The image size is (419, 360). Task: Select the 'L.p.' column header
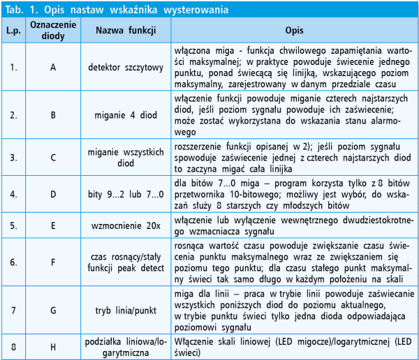click(x=13, y=31)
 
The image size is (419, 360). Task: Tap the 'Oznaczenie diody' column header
click(x=53, y=31)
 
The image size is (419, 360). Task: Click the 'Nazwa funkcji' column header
click(x=125, y=31)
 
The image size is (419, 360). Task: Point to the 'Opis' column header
click(x=294, y=31)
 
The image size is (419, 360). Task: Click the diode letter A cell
click(x=53, y=68)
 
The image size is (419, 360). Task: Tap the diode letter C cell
click(x=53, y=156)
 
